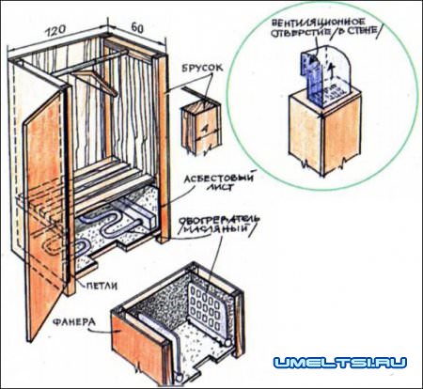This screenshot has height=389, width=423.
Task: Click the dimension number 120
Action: click(56, 30)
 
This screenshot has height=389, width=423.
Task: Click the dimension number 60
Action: click(137, 28)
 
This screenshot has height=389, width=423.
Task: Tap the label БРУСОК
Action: click(203, 68)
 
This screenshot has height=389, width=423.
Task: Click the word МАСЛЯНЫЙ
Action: click(216, 229)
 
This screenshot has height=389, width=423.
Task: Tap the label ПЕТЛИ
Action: click(102, 286)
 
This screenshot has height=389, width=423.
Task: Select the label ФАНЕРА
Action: click(74, 322)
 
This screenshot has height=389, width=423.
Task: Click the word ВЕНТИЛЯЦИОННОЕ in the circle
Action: click(319, 23)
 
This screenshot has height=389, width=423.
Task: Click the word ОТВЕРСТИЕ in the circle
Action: click(300, 33)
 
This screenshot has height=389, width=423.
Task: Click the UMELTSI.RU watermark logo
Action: click(339, 363)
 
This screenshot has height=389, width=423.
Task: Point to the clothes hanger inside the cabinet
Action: click(94, 82)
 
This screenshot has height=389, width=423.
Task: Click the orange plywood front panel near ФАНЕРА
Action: click(138, 346)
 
